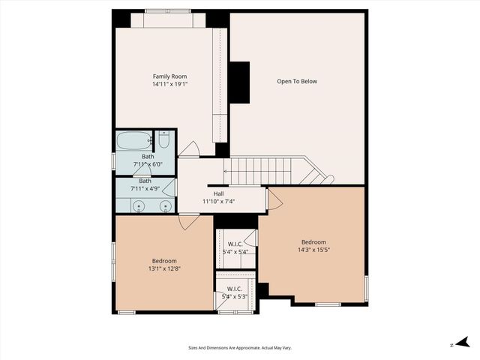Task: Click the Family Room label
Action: click(169, 76)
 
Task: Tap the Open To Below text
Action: click(297, 81)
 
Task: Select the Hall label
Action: click(218, 193)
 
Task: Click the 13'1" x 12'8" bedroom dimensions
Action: click(163, 268)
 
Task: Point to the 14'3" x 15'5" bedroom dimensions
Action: click(313, 250)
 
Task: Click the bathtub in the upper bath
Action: click(133, 139)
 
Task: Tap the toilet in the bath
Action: click(164, 139)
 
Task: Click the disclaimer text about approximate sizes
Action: click(239, 348)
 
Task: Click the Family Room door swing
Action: click(189, 149)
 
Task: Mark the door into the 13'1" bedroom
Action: click(188, 220)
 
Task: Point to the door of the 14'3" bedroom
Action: click(274, 199)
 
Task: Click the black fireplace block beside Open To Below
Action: click(239, 82)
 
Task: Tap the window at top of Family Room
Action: click(169, 19)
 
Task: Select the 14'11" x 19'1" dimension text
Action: click(169, 85)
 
